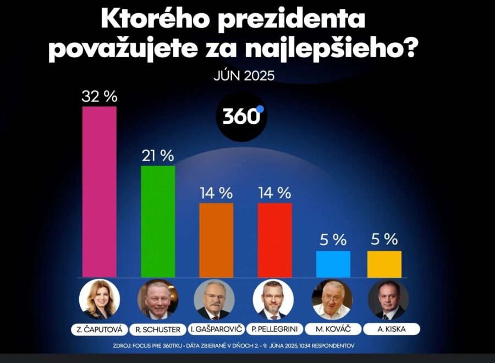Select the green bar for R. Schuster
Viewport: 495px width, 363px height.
coord(158,221)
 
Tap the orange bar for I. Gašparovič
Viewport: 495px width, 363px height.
coord(216,240)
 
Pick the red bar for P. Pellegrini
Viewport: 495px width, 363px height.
coord(274,240)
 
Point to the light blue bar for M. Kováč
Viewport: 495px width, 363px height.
coord(333,264)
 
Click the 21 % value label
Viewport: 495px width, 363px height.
coord(158,156)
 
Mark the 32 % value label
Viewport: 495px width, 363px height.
coord(100,97)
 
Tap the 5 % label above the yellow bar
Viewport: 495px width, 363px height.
coord(384,240)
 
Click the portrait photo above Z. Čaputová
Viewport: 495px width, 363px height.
coord(100,300)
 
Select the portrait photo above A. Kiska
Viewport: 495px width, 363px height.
coord(388,300)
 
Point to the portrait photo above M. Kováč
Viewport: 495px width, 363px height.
coord(332,300)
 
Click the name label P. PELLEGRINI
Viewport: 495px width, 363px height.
coord(274,329)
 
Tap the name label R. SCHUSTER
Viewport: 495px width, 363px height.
coord(157,329)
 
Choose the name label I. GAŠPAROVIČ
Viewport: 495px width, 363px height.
coord(216,329)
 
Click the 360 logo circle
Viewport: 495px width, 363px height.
coord(241,116)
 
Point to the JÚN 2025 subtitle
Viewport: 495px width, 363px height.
coord(244,76)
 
